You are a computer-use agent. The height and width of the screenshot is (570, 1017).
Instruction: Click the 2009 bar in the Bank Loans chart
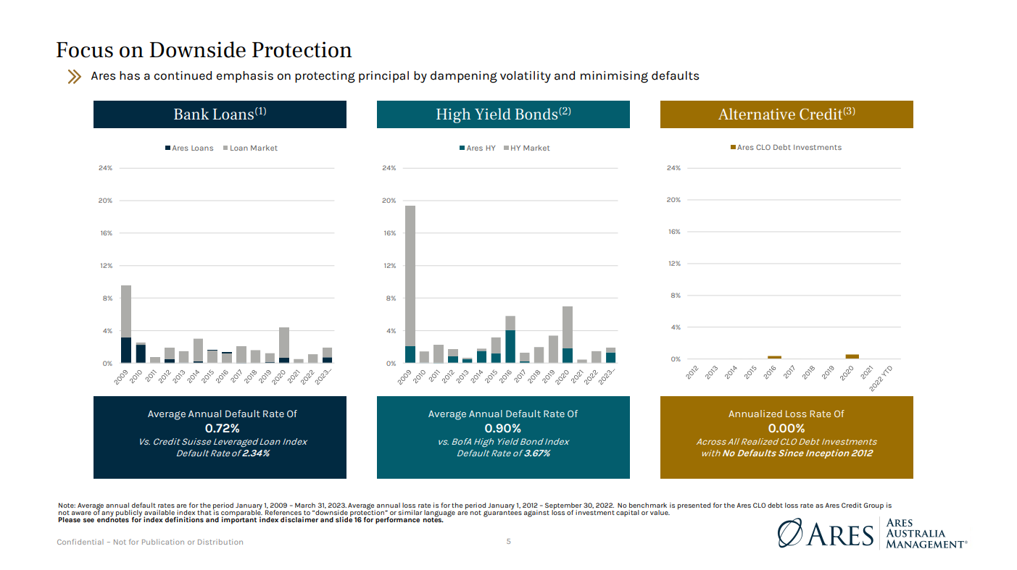coord(126,324)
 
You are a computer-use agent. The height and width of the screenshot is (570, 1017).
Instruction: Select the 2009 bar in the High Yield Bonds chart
coord(410,284)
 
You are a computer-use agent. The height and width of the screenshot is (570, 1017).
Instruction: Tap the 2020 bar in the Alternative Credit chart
coord(852,356)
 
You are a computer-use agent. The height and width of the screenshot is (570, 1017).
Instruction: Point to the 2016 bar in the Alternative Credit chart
coord(774,357)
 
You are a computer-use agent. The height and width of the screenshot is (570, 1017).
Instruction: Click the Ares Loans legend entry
coord(189,148)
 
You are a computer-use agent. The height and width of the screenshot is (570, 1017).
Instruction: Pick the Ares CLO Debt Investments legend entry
coord(786,148)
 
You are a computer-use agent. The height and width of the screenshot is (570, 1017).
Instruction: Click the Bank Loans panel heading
coord(220,114)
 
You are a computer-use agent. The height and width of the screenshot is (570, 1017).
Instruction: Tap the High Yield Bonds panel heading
coord(503,114)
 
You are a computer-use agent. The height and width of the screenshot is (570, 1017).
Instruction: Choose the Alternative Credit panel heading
coord(786,114)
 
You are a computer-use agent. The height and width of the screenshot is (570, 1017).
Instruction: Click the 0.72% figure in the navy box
coord(222,428)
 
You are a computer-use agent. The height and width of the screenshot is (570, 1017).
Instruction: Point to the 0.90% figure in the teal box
coord(503,428)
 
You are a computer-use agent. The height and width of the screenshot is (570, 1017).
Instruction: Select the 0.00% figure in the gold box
coord(786,428)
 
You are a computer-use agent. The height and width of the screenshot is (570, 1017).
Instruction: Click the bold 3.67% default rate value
coord(536,453)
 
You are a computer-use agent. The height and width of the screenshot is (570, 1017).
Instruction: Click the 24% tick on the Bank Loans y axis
coord(105,168)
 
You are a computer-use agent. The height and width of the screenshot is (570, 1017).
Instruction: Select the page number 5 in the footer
coord(509,541)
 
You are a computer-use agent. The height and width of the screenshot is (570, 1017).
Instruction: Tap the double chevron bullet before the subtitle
coord(74,76)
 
